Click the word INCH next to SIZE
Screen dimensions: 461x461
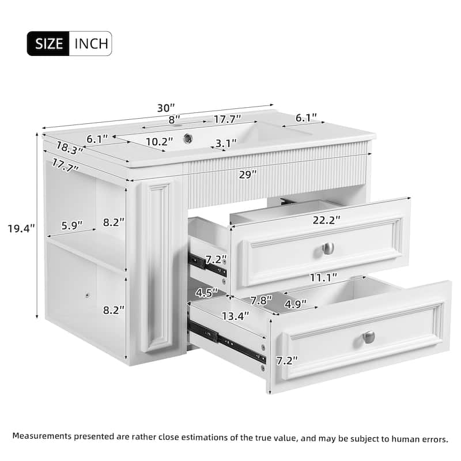90,43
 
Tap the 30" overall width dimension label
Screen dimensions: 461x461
165,108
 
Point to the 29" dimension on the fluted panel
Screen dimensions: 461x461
248,175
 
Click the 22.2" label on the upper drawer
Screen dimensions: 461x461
327,219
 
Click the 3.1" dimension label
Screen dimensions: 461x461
226,143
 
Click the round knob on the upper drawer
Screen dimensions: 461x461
328,248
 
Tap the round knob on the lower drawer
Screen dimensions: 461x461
369,337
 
